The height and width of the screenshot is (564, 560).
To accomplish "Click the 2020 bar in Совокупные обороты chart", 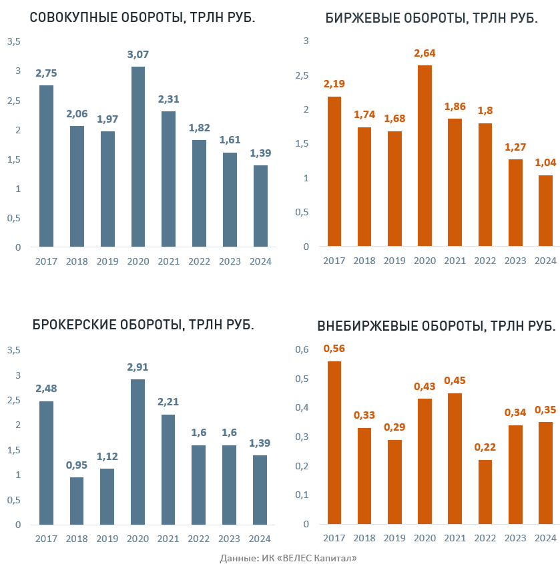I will (137, 157).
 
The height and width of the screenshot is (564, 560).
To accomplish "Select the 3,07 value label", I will (137, 55).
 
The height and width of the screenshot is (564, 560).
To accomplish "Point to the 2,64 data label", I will (425, 53).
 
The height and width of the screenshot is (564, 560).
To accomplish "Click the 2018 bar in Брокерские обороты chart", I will (77, 501).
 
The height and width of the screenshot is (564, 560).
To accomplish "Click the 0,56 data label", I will (334, 349).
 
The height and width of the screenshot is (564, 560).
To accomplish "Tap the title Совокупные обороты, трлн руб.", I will (143, 18).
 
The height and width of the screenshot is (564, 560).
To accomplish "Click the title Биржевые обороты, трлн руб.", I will (431, 18).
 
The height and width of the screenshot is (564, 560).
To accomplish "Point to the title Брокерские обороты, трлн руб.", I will (143, 325).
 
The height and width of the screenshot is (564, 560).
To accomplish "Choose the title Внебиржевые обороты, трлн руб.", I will (437, 326).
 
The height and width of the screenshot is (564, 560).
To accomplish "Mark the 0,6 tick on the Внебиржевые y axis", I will (302, 349).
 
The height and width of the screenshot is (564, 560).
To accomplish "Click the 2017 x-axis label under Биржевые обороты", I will (334, 261).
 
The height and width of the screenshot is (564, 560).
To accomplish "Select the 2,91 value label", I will (137, 367).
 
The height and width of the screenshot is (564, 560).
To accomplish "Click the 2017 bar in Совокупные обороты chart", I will (46, 166).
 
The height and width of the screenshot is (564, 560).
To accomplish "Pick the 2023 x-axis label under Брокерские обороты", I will (229, 539).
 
